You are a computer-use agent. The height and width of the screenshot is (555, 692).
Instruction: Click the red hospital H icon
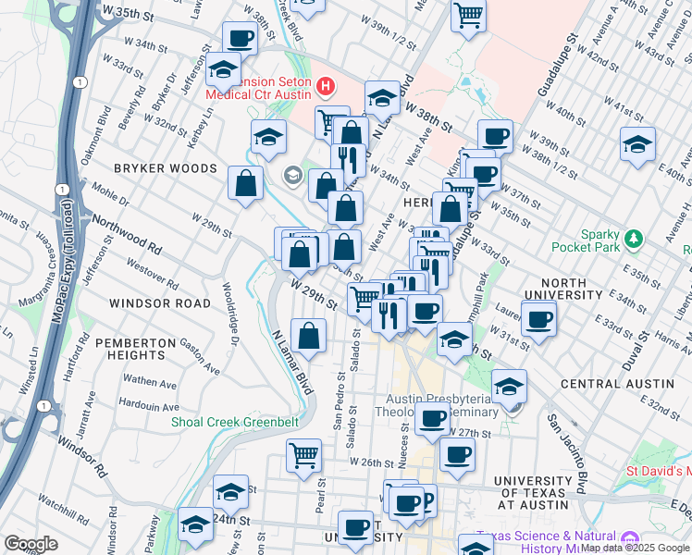[x=325, y=88]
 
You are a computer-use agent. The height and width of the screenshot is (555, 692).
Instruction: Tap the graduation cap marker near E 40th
[x=637, y=145]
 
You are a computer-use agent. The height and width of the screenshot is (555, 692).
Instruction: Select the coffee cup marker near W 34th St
[x=241, y=39]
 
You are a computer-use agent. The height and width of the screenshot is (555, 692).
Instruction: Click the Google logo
[x=31, y=544]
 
